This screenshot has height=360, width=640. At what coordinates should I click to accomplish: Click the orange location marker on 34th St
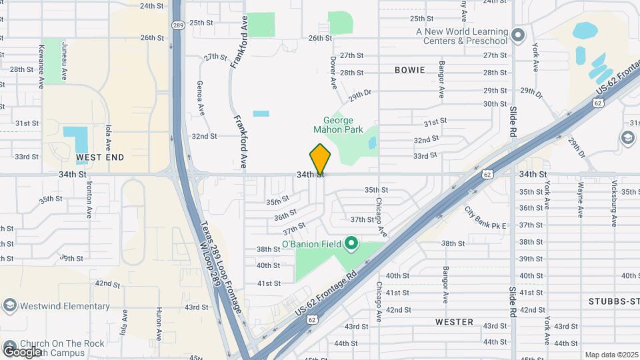pos(320,159)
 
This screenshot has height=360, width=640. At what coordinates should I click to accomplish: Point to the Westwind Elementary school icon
pos(9,306)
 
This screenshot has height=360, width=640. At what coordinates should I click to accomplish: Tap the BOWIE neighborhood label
pos(409,70)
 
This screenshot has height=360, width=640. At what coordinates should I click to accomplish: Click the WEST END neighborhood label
pos(100,157)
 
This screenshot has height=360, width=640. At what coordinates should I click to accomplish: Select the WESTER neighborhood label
pos(454,322)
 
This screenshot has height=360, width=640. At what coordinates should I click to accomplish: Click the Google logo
pos(22,351)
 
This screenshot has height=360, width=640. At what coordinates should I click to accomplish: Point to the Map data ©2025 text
pos(612,355)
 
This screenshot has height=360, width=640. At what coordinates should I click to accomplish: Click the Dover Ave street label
pos(333,72)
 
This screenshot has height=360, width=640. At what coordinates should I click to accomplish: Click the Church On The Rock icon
pos(9,346)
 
